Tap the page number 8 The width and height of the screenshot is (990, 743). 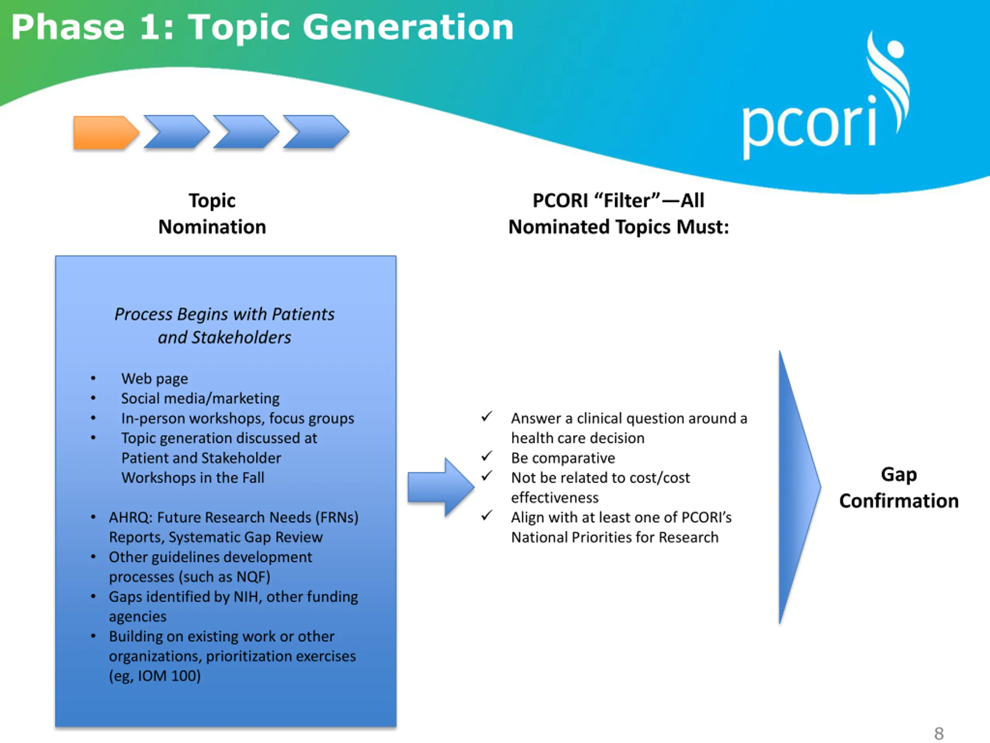coord(939,734)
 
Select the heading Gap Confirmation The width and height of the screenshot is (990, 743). coord(899,487)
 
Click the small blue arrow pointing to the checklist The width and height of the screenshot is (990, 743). coord(441,487)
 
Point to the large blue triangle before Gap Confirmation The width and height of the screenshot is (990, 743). coord(800,487)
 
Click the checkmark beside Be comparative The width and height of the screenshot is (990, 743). coord(487,456)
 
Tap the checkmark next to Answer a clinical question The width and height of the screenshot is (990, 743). coord(487,416)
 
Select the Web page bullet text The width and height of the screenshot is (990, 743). coord(154,379)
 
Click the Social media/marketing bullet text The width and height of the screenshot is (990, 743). coord(200,399)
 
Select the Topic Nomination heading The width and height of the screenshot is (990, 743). coord(212,214)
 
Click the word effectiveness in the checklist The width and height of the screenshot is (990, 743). coord(555,498)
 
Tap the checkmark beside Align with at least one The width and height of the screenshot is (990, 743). coord(487,516)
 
